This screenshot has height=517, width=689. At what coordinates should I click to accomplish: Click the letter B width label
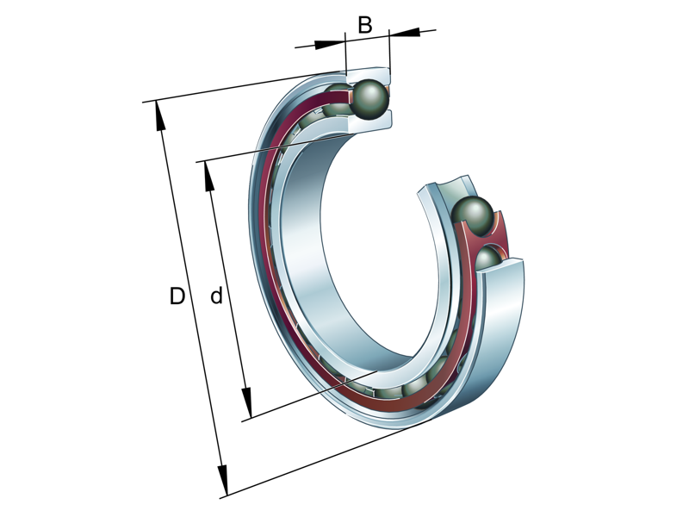[x=365, y=25]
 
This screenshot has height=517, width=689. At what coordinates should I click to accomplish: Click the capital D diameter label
[x=177, y=297]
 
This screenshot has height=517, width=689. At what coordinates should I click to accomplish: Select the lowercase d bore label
[x=217, y=297]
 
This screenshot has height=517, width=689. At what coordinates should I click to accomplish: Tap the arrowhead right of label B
[x=405, y=33]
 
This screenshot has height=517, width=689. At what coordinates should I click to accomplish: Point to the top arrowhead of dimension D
[x=158, y=115]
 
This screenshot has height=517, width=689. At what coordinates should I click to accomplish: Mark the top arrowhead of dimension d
[x=208, y=175]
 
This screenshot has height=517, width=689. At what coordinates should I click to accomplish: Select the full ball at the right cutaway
[x=473, y=215]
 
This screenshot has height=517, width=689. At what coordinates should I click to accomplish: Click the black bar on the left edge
[x=43, y=258]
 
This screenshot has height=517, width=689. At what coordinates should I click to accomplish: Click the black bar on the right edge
[x=646, y=258]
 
